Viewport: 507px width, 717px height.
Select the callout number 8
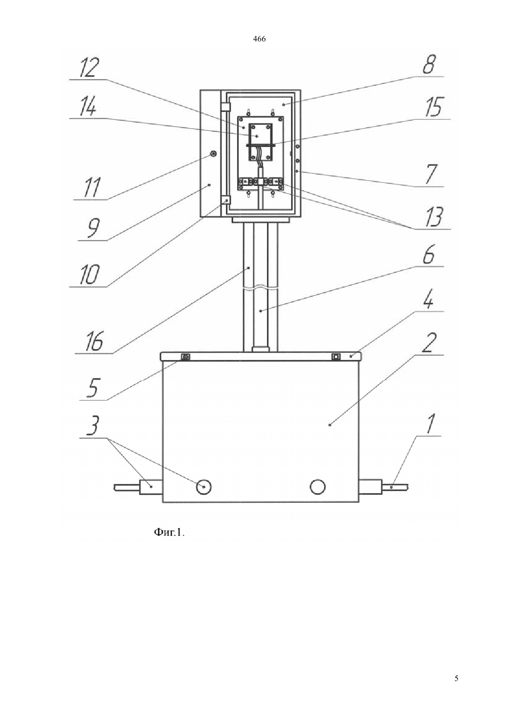coord(429,65)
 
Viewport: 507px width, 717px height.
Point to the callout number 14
coord(88,107)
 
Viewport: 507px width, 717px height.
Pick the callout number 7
coord(431,175)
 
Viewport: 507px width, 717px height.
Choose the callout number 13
coord(434,217)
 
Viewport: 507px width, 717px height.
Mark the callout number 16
coord(94,341)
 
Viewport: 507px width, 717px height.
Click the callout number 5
coord(94,388)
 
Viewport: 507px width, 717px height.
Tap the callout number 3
coord(93,425)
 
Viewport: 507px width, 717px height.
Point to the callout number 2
coord(429,343)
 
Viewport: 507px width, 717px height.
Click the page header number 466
coord(259,39)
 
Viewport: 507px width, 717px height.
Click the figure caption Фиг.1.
coord(169,532)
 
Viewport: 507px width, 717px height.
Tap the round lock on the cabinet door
coord(213,155)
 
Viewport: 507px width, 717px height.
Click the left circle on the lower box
coord(204,487)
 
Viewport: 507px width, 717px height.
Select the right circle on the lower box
coord(318,487)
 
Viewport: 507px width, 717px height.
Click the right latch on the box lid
coord(336,357)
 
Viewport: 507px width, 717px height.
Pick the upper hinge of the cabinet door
coord(226,106)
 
